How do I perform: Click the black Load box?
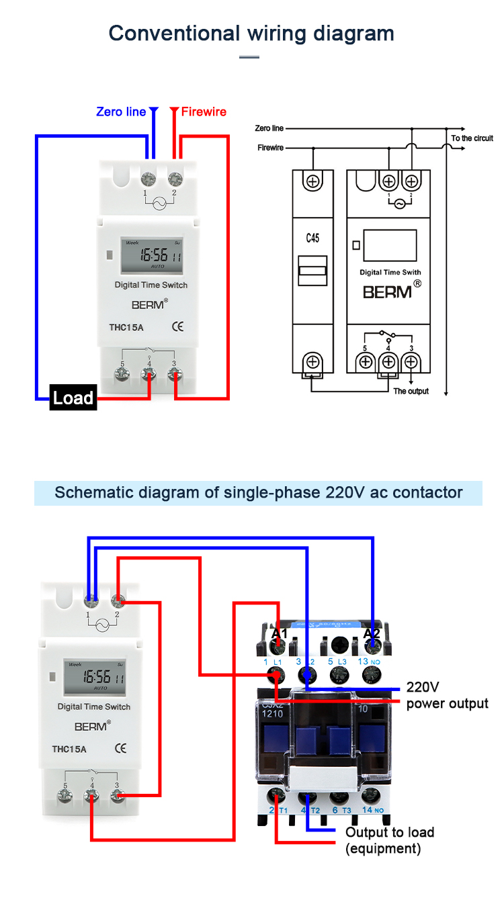pos(73,398)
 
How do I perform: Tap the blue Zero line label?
pos(121,111)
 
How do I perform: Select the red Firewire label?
pos(204,111)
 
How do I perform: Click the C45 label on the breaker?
pos(312,238)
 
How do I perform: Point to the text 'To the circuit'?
pos(472,138)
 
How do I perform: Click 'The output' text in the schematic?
pos(411,391)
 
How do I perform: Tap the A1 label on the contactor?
pos(279,633)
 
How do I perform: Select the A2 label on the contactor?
pos(372,633)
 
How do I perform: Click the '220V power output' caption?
pos(447,696)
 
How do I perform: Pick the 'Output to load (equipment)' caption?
pos(390,840)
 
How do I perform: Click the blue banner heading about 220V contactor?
pos(258,492)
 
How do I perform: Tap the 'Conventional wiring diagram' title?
pos(251,33)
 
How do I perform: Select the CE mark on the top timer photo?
pos(178,327)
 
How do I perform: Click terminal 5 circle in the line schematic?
pos(366,362)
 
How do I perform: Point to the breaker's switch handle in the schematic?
pos(312,272)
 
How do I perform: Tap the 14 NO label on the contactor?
pos(370,810)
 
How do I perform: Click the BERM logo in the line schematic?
pos(388,292)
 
